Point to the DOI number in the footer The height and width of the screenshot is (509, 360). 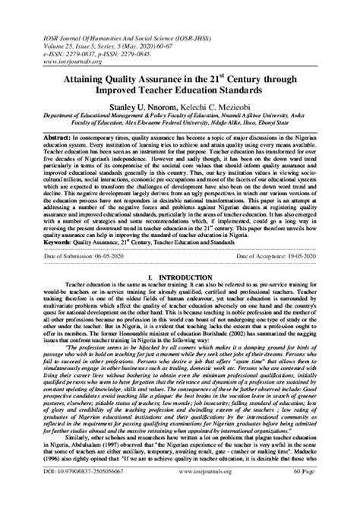pos(77,494)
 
